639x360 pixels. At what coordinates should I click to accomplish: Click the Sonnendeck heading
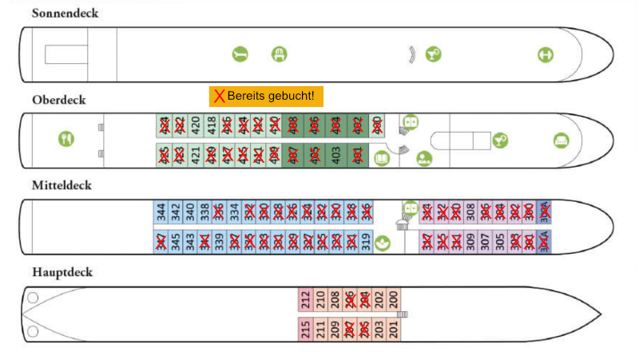tap(65, 14)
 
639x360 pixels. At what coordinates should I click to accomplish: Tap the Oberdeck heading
tap(59, 100)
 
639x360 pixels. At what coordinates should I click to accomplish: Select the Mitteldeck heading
tap(62, 185)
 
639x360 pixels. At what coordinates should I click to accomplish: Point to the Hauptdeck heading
tap(62, 272)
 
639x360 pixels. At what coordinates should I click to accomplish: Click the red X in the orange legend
tap(218, 97)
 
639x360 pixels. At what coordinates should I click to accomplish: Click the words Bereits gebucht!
tap(272, 97)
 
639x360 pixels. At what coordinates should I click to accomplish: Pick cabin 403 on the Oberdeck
tap(335, 155)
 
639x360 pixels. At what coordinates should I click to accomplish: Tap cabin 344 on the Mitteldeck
tap(161, 212)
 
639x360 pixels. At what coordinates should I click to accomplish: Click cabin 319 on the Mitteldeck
tap(366, 241)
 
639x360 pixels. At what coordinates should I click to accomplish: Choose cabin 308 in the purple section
tap(470, 212)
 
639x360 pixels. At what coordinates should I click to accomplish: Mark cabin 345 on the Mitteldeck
tap(176, 241)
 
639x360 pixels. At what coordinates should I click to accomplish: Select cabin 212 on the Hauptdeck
tap(306, 299)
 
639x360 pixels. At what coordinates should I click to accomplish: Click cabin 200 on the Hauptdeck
tap(393, 299)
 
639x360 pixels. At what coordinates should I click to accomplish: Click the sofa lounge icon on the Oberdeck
tap(562, 140)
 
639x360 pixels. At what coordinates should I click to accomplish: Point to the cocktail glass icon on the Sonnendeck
tap(431, 54)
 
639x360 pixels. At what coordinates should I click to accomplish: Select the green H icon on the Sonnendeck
tap(546, 54)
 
